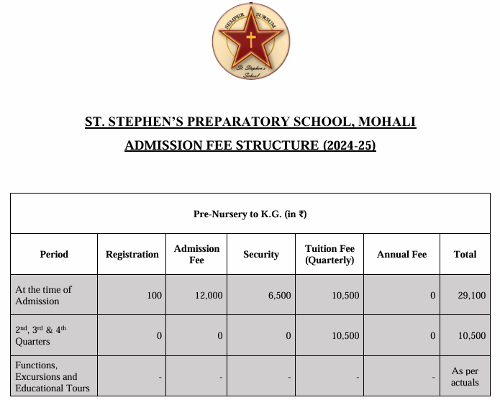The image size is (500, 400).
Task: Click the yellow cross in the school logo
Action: (251, 39)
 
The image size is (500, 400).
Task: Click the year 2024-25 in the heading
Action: (348, 145)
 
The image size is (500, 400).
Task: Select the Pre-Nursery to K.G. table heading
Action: (250, 214)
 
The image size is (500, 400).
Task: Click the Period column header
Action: (54, 254)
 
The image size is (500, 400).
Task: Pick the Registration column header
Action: (132, 254)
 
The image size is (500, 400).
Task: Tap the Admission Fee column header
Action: (196, 254)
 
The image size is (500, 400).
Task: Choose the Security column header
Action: (261, 254)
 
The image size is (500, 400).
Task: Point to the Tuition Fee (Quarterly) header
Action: (330, 254)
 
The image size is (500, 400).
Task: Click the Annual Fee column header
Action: (401, 254)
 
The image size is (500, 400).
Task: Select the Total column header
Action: (465, 254)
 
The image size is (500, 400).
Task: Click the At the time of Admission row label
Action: (44, 295)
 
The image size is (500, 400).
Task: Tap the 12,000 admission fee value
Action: (209, 295)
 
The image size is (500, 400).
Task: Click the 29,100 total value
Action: (472, 295)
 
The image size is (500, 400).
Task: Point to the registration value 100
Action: (154, 295)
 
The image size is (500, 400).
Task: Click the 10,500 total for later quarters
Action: (472, 335)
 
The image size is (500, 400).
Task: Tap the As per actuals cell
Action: (465, 376)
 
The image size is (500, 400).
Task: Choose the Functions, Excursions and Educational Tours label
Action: (53, 376)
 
